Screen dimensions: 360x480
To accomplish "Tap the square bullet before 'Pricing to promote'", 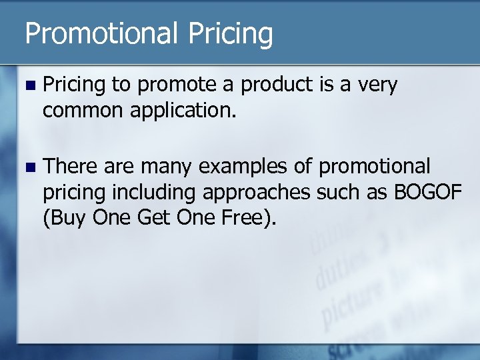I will (x=26, y=86).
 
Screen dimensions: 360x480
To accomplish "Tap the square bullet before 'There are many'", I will (x=26, y=166).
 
